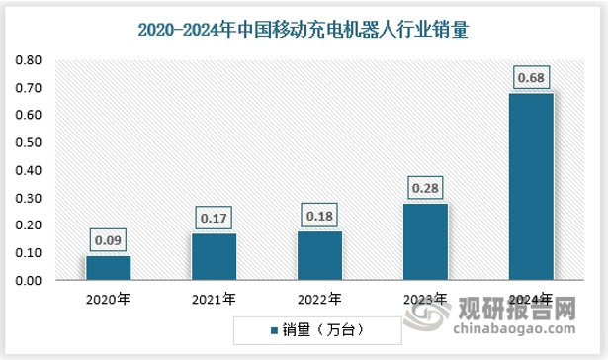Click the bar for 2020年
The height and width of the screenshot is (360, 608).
coord(108,268)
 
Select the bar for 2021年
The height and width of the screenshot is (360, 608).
coord(214,257)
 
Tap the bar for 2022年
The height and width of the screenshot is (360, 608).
coord(319,255)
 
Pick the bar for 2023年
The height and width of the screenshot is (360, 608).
coord(425,241)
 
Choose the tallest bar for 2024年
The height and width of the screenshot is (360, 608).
coord(530,187)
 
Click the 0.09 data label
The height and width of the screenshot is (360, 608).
coord(108,239)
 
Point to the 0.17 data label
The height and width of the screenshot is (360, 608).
coord(214,217)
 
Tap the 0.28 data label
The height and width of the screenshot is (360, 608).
coord(425,187)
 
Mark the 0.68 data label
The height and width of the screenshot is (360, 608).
coord(530,77)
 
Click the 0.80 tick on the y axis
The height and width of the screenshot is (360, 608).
coord(28,60)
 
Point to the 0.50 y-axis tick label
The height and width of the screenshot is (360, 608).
coord(28,143)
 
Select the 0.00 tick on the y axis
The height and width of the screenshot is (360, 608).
coord(28,282)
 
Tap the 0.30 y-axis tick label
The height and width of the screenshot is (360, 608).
coord(28,199)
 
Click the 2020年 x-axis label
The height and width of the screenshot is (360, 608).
coord(108,298)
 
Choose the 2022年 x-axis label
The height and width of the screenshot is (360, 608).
coord(319,298)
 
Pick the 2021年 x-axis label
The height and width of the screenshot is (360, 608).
coord(214,298)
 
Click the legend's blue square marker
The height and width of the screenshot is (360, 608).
coord(273,325)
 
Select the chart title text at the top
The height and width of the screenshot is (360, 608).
coord(303,32)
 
